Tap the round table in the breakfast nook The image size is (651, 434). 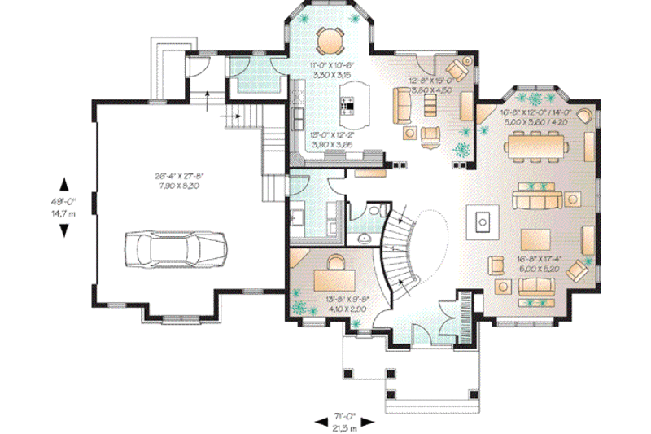click(x=330, y=38)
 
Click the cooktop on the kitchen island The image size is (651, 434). click(x=347, y=104)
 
